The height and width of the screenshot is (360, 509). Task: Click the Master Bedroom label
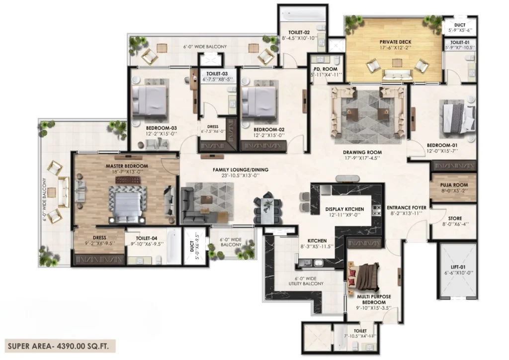[127, 166]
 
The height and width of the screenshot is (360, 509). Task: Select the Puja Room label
[454, 185]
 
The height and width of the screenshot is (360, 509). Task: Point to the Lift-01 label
[458, 267]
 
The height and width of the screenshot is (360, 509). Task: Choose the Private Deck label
[395, 42]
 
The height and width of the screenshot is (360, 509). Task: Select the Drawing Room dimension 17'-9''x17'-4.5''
[362, 158]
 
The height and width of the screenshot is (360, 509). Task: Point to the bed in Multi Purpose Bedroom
[364, 276]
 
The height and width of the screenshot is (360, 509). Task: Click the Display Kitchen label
[345, 209]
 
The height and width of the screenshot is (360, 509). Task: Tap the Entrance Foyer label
[407, 207]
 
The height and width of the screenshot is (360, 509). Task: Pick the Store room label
[455, 218]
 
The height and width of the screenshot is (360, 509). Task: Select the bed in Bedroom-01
[458, 116]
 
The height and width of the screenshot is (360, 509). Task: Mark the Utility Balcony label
[306, 281]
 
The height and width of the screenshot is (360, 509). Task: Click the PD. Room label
[325, 69]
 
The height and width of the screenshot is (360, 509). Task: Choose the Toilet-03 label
[217, 74]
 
